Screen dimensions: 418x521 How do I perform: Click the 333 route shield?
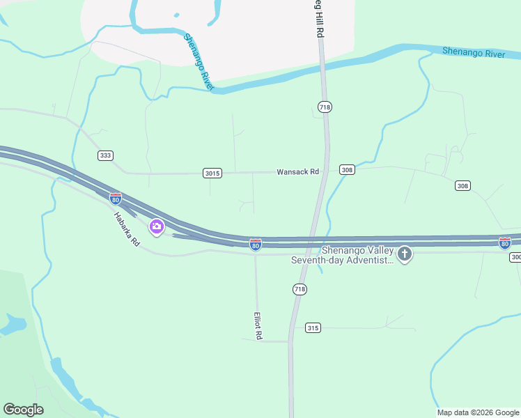pyautogui.click(x=105, y=155)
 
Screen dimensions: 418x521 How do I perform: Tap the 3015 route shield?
pyautogui.click(x=212, y=173)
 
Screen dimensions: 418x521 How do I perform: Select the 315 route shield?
pyautogui.click(x=313, y=327)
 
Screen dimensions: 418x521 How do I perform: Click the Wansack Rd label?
pyautogui.click(x=297, y=171)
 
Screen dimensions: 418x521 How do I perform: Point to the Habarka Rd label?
pyautogui.click(x=127, y=229)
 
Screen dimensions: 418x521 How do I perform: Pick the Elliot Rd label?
pyautogui.click(x=258, y=325)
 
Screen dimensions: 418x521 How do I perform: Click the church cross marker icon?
pyautogui.click(x=404, y=254)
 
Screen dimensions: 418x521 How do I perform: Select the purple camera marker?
pyautogui.click(x=157, y=226)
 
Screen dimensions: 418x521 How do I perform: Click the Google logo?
pyautogui.click(x=23, y=410)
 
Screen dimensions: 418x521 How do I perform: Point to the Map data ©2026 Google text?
pyautogui.click(x=479, y=412)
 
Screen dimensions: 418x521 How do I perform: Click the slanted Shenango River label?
pyautogui.click(x=198, y=62)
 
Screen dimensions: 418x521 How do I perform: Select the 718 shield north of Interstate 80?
pyautogui.click(x=324, y=107)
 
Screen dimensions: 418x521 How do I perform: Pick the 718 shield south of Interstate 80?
pyautogui.click(x=300, y=288)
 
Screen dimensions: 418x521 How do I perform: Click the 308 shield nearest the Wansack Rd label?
pyautogui.click(x=347, y=170)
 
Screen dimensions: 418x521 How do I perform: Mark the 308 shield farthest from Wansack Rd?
pyautogui.click(x=462, y=185)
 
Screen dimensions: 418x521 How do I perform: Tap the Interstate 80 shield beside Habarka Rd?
pyautogui.click(x=116, y=199)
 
